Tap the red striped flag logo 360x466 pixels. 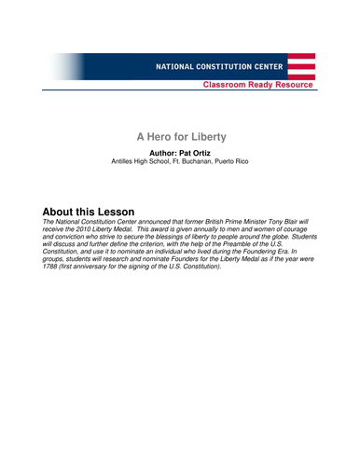300,68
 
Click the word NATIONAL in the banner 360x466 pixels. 176,68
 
